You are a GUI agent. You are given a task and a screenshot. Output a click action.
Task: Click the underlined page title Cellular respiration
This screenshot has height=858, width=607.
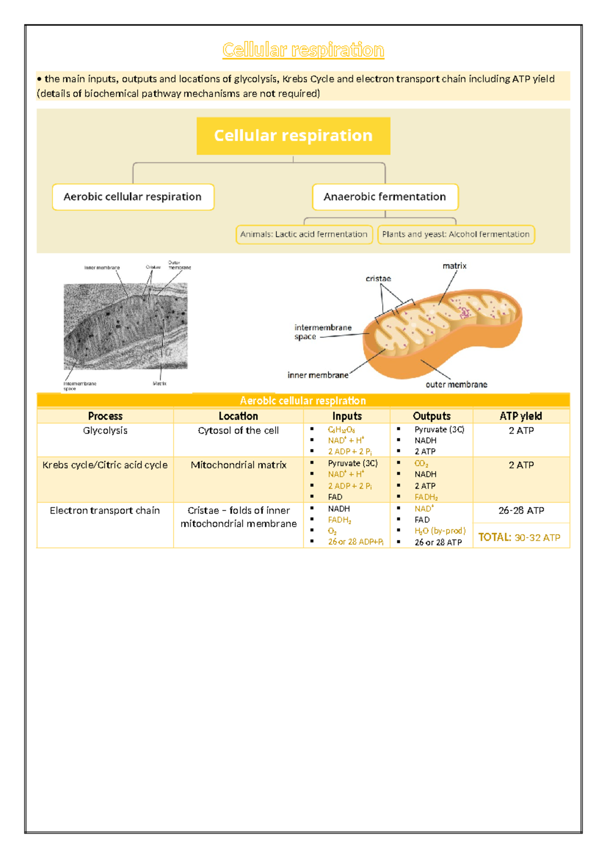pos(303,50)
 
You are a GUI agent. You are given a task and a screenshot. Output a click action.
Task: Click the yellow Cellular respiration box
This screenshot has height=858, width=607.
pos(293,136)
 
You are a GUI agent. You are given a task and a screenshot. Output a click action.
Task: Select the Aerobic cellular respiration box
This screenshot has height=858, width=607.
pos(133,197)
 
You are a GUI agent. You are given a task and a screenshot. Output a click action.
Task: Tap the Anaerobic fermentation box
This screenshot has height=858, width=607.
pos(385,197)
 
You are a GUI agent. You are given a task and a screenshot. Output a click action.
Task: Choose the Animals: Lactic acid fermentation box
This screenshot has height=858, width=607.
pos(304,234)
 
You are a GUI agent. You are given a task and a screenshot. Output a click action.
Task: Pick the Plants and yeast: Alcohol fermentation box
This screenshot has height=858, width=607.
pos(456,234)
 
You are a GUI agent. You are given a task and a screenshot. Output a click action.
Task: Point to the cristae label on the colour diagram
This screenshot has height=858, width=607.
pos(378,279)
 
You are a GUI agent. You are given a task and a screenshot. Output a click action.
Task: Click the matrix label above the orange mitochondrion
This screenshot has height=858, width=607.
pos(454,266)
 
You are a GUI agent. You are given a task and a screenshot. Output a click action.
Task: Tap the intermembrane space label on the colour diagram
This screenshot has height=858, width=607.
pos(322,332)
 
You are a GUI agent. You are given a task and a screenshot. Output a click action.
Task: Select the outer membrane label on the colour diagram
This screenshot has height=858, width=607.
pos(456,384)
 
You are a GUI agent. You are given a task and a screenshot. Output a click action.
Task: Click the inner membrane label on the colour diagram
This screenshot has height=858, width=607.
pos(318,375)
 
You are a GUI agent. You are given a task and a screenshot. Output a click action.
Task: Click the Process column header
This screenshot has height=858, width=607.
pos(105,416)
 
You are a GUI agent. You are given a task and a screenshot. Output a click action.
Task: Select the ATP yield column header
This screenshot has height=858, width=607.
pos(521,416)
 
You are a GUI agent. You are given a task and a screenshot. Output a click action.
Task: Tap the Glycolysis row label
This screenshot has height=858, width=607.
pos(105,431)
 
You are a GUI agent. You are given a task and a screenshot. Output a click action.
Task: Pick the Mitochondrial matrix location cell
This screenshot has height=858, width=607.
pos(238,465)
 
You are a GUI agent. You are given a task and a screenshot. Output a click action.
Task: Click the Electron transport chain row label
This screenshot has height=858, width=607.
pos(105,510)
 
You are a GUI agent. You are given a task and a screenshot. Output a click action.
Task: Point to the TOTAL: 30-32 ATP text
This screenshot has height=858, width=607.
pos(519,537)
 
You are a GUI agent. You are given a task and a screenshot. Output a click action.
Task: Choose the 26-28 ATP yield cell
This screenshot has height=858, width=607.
pos(521,510)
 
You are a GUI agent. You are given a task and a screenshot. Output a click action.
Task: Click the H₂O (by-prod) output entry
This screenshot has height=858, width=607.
pos(440,531)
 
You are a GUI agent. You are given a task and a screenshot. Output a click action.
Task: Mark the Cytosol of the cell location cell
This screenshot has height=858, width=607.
pos(238,431)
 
